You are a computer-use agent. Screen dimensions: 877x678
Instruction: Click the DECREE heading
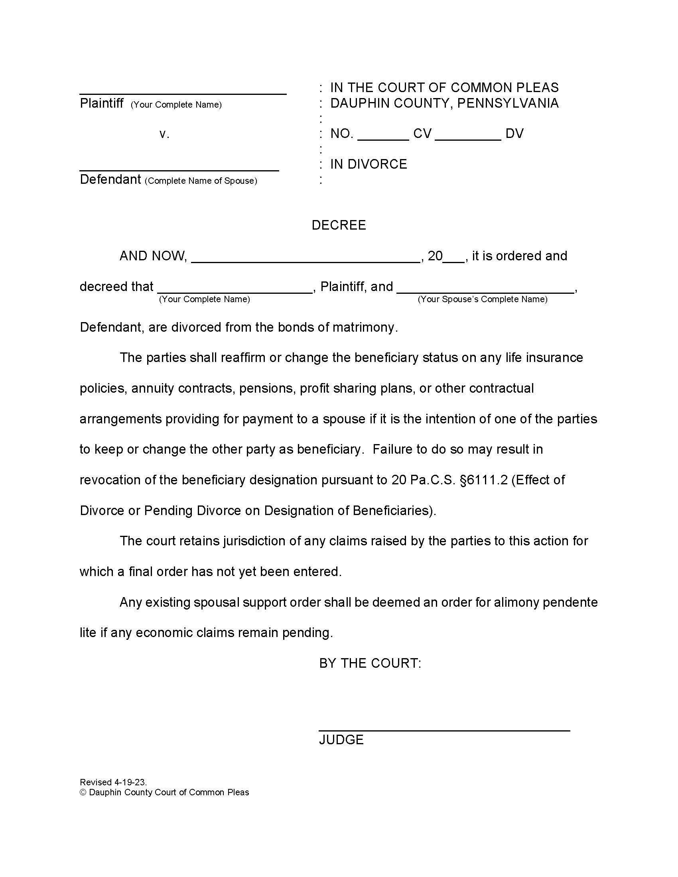(x=339, y=225)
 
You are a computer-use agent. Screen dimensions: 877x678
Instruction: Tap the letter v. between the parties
(x=164, y=134)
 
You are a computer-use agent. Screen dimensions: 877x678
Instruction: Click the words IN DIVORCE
(x=369, y=164)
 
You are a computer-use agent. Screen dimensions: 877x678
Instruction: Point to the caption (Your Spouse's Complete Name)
(x=483, y=299)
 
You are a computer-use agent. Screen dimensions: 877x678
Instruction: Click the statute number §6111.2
(x=484, y=480)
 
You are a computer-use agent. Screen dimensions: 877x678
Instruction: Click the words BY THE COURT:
(x=370, y=663)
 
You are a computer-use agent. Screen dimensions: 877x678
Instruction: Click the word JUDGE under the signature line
(x=341, y=739)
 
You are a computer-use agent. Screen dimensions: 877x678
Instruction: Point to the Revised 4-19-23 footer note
(x=113, y=782)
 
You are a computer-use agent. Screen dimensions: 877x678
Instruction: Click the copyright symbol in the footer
(x=83, y=792)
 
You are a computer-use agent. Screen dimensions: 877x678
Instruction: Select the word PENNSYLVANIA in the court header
(x=508, y=103)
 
